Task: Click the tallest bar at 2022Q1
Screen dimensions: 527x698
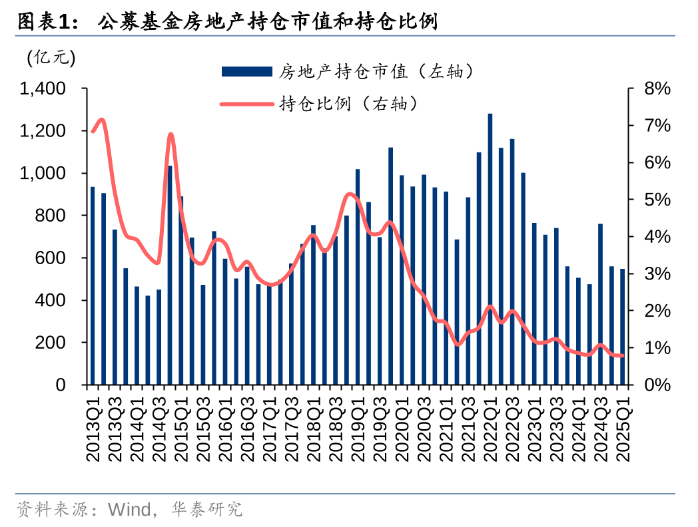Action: [x=490, y=250]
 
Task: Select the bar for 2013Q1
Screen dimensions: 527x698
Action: [x=93, y=286]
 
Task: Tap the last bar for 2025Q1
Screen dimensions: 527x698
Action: [x=623, y=327]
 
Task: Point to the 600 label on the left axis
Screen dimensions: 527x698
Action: [x=51, y=258]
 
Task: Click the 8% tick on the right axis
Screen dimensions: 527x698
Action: [x=657, y=88]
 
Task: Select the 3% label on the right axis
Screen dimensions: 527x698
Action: [x=657, y=274]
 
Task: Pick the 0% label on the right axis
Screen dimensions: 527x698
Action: [x=657, y=385]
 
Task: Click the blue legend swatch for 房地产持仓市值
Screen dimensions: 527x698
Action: [x=246, y=71]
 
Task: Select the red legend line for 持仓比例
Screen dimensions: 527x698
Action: [x=246, y=104]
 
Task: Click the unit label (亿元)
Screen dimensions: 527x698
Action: [x=51, y=58]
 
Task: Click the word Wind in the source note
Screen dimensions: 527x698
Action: [x=129, y=510]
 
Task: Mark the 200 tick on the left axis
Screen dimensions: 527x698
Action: [x=51, y=343]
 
